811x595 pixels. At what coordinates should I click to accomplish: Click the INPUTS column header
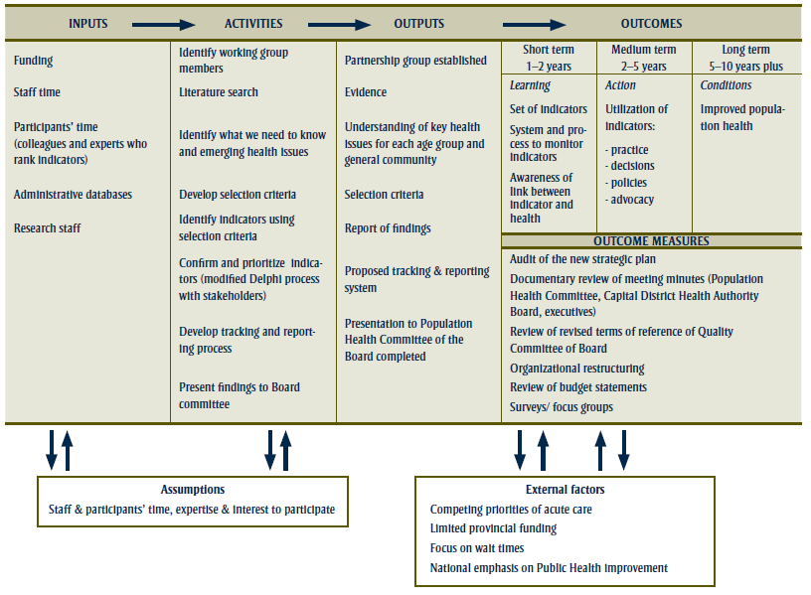pos(87,24)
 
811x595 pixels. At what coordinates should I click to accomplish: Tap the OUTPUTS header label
pos(419,24)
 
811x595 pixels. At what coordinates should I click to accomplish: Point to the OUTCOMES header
pos(651,24)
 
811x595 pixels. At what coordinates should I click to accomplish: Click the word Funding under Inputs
pos(34,61)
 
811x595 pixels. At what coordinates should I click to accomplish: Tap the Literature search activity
pos(218,92)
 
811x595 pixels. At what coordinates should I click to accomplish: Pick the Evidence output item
pos(366,92)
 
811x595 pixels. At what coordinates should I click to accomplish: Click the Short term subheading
pos(548,50)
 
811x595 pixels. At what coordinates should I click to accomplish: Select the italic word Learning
pos(530,86)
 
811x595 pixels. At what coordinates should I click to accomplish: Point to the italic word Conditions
pos(726,85)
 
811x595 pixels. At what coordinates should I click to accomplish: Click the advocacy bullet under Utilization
pos(632,200)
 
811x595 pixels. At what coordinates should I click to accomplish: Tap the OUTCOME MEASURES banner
pos(651,241)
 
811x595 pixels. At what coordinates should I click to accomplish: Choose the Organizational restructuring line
pos(577,369)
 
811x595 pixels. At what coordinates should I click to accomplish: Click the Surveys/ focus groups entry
pos(562,406)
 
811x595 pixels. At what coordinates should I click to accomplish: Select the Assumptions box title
pos(193,490)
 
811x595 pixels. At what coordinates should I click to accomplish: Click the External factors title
pos(565,490)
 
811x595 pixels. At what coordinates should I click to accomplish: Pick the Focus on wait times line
pos(477,548)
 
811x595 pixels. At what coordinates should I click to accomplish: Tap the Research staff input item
pos(48,228)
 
